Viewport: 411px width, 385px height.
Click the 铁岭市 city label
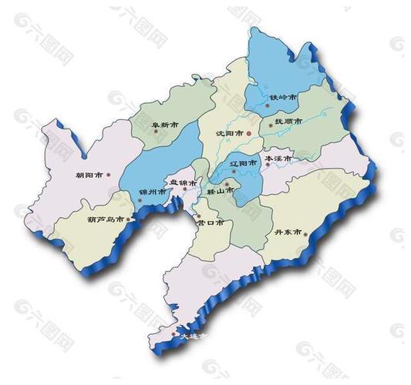tap(282, 98)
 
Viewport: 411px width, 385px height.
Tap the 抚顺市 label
tap(280, 122)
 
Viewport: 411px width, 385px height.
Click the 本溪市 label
tap(278, 159)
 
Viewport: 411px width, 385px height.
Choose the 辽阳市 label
tap(244, 164)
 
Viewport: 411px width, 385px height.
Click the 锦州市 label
tap(151, 192)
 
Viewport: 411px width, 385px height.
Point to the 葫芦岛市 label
tap(105, 219)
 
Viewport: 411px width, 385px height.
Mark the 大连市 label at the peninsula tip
tap(193, 336)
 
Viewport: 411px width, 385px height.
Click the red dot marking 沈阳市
tap(249, 132)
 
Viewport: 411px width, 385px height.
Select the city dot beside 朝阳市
tap(109, 175)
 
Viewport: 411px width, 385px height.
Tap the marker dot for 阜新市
tap(156, 131)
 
